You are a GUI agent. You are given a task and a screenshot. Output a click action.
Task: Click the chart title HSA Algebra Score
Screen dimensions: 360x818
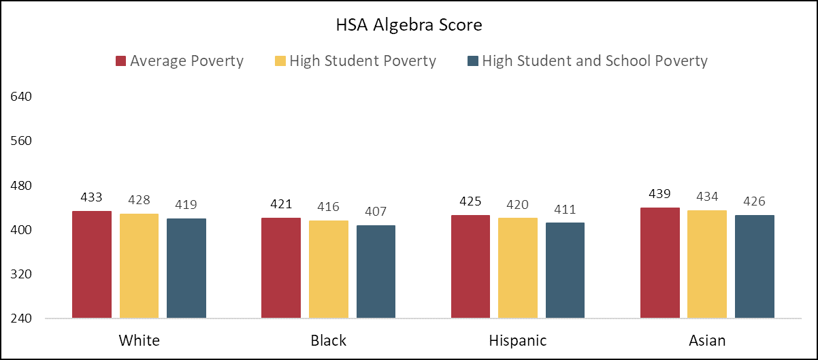tap(408, 26)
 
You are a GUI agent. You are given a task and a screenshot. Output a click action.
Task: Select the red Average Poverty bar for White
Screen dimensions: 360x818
tap(92, 265)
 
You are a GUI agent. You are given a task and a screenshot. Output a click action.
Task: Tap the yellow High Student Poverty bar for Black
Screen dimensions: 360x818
tap(328, 269)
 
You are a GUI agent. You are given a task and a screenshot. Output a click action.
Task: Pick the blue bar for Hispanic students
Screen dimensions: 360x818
tap(565, 270)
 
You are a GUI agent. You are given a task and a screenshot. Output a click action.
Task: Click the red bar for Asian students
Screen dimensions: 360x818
tap(660, 263)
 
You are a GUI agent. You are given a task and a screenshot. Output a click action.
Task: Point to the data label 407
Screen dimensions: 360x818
tap(376, 212)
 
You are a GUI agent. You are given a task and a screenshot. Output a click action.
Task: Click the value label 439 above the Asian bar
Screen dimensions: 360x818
tap(660, 194)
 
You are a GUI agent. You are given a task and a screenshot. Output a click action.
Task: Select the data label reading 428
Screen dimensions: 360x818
tap(139, 201)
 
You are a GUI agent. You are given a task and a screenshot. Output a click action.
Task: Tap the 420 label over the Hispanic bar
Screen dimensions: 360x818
tap(517, 205)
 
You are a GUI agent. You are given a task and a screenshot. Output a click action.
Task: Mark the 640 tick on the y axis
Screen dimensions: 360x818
tap(22, 97)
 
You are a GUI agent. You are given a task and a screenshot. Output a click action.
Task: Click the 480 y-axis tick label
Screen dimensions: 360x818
tap(22, 186)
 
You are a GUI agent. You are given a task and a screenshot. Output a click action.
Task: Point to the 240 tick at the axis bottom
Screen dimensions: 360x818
tap(22, 319)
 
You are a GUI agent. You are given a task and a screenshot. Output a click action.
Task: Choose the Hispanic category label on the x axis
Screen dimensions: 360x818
tap(517, 340)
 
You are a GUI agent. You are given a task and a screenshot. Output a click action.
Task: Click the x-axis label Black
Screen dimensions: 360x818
tap(328, 340)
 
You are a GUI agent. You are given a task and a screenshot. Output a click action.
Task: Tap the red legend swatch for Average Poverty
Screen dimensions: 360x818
tap(121, 61)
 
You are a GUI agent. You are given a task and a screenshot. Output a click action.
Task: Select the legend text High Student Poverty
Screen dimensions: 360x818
tap(362, 61)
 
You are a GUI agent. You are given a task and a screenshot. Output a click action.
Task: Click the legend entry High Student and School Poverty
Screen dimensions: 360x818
tap(595, 61)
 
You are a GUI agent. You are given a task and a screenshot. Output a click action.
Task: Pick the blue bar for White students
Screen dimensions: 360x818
tap(186, 268)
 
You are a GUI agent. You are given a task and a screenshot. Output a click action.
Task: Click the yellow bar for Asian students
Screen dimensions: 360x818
tap(707, 264)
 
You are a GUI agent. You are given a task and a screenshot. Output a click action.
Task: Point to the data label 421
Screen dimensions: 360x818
tap(281, 204)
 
